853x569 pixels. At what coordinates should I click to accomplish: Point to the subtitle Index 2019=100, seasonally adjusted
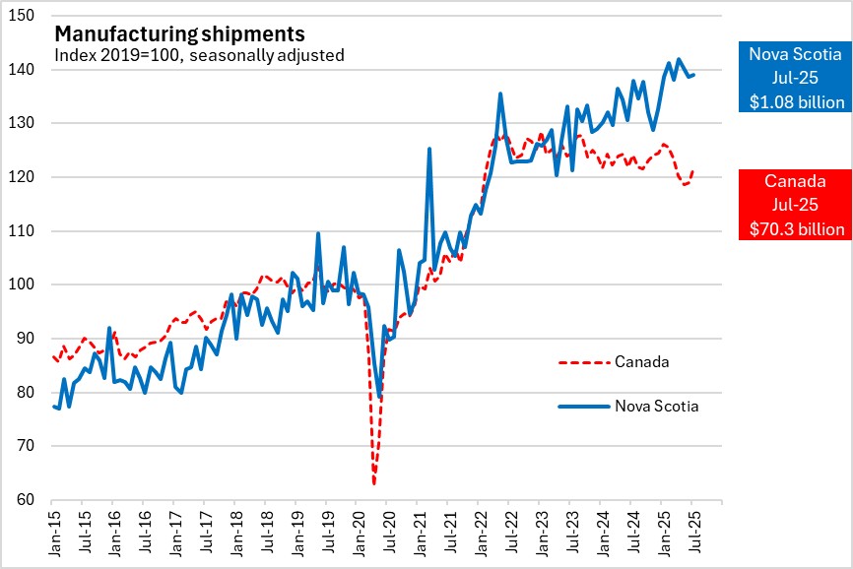tap(198, 55)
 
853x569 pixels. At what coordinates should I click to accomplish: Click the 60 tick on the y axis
tap(31, 500)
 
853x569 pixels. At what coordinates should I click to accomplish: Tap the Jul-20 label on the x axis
tap(385, 530)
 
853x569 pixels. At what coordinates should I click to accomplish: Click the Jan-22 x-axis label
tap(477, 530)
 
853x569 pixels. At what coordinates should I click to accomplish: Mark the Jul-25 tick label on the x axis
tap(691, 530)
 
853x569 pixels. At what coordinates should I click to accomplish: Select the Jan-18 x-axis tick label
tap(234, 530)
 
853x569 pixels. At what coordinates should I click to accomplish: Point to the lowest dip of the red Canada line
tap(374, 483)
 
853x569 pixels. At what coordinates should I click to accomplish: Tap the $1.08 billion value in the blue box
tap(794, 101)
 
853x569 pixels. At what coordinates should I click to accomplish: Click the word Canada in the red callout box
tap(794, 181)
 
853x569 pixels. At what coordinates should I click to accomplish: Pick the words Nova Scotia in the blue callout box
tap(794, 54)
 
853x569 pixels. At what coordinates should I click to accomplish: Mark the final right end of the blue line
tap(693, 75)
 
